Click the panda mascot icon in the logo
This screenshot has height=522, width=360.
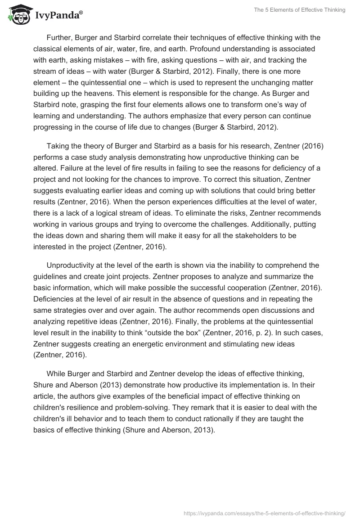tap(18, 15)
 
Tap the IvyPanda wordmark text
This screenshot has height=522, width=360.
tap(58, 16)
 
